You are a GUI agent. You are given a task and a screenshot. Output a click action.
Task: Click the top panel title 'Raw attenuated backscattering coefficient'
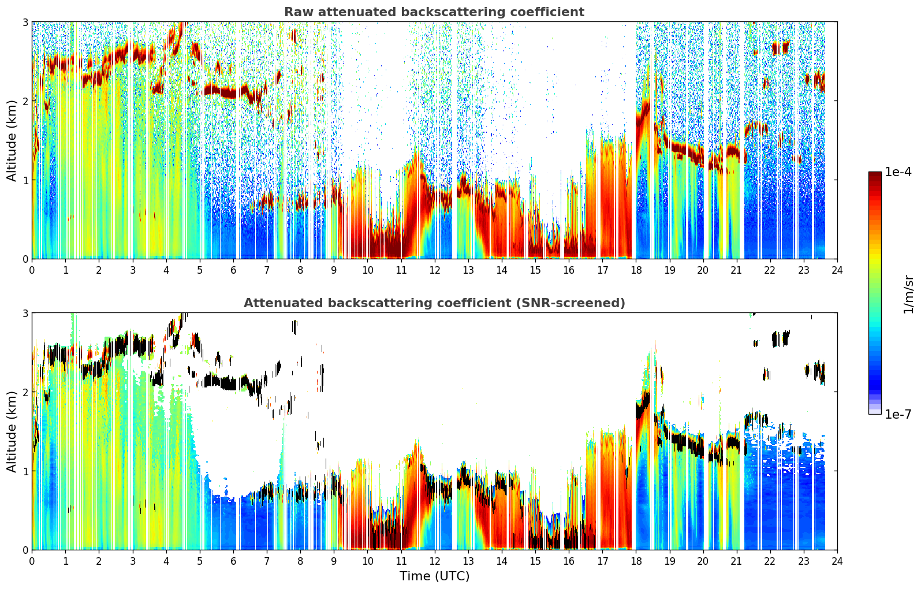[434, 12]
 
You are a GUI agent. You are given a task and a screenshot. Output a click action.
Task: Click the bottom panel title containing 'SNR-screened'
[434, 303]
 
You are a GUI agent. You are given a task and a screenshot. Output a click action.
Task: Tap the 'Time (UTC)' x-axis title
[434, 576]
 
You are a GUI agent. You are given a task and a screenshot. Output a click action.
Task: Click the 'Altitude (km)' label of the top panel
[12, 141]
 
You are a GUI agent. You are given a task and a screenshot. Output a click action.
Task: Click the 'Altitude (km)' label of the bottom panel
[12, 432]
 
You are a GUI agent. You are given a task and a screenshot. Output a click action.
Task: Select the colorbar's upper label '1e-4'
[898, 172]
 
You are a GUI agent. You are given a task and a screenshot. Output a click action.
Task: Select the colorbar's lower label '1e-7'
[898, 414]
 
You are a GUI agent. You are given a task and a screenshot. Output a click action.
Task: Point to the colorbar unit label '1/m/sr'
[909, 294]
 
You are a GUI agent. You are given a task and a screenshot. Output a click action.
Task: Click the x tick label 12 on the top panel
[435, 270]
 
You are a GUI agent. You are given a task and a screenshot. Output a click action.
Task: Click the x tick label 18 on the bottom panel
[636, 561]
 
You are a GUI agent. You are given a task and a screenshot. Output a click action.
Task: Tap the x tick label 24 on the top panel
[837, 270]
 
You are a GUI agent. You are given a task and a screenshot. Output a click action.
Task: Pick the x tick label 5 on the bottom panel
[200, 561]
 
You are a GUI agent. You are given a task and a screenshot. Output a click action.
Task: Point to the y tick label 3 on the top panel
[25, 22]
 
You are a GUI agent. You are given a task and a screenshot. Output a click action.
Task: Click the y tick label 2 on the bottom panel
[25, 393]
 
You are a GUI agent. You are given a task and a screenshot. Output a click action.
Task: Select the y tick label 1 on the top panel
[25, 180]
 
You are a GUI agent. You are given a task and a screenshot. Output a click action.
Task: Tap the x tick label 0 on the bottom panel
[32, 561]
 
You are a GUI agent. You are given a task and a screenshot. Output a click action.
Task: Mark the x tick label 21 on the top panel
[736, 270]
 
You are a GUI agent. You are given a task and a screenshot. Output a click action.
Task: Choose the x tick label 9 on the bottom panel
[334, 561]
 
